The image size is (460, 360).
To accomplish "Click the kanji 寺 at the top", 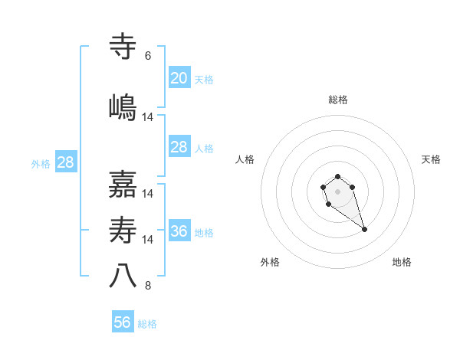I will coord(123,47).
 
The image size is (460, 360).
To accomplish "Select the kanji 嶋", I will coord(123,106).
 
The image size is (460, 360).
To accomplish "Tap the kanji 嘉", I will coord(123,185).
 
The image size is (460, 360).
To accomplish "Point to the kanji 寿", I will coord(123,231).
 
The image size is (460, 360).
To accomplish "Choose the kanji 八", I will coord(123,276).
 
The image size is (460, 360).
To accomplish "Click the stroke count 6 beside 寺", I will coord(148,56).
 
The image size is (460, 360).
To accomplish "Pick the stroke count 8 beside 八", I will coord(148,286).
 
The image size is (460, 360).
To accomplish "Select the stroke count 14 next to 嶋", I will coord(148,117).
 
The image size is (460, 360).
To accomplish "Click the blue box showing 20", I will coord(179,78).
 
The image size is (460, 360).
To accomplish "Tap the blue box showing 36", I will coord(179,231).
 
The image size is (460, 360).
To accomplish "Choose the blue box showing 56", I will coord(122,322).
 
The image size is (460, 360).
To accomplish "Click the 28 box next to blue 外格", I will coord(65,162).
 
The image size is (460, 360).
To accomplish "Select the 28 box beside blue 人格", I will coord(179,147).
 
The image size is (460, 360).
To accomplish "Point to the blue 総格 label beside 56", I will coord(147,324).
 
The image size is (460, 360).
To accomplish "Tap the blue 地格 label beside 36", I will coord(204,233).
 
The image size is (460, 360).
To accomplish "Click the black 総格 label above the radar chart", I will coord(337,100).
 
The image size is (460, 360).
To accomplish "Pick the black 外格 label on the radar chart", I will coord(270,262).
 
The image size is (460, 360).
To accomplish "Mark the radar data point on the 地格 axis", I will coord(364,229).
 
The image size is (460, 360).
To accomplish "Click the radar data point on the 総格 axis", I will coord(337,177).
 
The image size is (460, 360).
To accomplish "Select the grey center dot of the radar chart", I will coord(337,191).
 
